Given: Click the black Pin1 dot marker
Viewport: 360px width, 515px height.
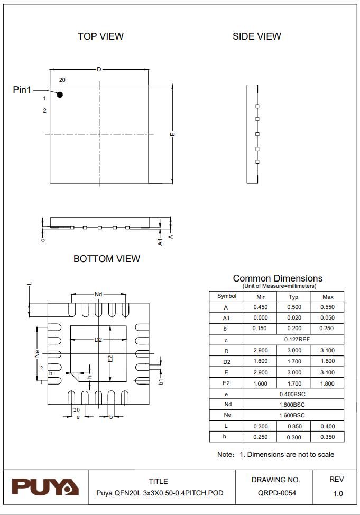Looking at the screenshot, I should point(60,95).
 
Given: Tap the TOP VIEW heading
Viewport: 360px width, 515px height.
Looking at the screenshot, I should point(100,36).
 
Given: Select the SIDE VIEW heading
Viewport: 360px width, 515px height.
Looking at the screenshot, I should point(257,36).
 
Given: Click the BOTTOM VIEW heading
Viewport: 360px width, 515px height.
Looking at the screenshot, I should point(107,259).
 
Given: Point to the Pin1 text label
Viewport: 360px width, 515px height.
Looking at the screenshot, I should point(22,90).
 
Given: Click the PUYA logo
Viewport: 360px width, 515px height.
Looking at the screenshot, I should point(45,486).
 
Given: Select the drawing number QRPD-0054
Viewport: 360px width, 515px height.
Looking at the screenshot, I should point(276,493).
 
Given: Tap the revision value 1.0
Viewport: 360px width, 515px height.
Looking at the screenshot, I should point(338,493).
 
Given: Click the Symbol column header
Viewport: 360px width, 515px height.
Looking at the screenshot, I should point(226,296).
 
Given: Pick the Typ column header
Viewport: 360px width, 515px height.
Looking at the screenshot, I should point(293,297).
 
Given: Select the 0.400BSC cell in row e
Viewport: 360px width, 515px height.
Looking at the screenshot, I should point(293,394).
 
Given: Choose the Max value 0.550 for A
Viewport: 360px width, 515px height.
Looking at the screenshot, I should point(327,307).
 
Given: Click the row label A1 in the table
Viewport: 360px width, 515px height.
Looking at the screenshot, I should point(226,318).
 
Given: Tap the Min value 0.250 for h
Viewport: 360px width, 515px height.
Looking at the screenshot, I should point(261,437).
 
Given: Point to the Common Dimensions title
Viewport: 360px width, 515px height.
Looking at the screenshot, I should point(278,278).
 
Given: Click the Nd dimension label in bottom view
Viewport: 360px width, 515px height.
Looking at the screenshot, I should point(98,294).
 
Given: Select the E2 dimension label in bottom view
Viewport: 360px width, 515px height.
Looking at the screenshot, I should point(110,359).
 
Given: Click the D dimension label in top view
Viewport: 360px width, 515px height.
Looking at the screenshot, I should point(99,70).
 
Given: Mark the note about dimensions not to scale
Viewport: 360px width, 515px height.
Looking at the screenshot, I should point(275,454).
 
